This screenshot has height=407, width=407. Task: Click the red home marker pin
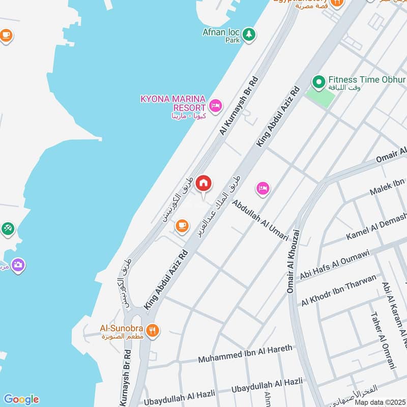(203, 183)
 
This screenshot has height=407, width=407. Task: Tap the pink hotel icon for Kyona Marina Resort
(215, 106)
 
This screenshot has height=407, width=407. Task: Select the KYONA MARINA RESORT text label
(173, 102)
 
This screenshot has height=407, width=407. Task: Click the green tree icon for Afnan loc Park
(248, 34)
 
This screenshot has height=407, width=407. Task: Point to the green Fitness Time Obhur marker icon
(318, 81)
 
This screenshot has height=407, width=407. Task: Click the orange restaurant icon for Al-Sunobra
(152, 331)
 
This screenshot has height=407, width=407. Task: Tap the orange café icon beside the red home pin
(182, 225)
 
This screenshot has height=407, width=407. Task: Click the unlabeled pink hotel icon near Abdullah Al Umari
(263, 188)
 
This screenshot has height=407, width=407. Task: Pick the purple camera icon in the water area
(18, 265)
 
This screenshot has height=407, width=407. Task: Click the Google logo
(21, 399)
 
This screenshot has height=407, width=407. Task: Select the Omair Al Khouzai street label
(292, 261)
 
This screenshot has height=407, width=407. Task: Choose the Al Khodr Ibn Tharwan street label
(339, 290)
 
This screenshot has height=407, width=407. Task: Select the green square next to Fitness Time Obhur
(320, 96)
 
